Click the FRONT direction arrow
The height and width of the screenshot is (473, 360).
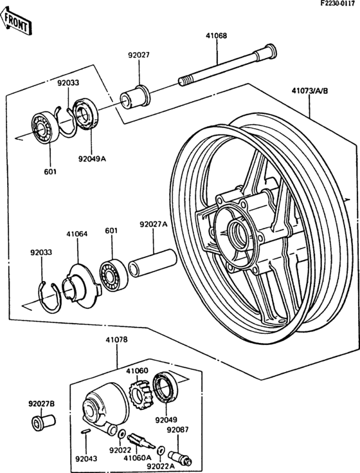pyautogui.click(x=15, y=22)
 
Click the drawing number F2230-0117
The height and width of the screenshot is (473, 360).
pyautogui.click(x=339, y=3)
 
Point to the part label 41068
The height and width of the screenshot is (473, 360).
pyautogui.click(x=216, y=35)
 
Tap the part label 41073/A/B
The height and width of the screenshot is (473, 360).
pyautogui.click(x=309, y=91)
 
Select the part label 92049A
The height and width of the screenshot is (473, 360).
pyautogui.click(x=92, y=159)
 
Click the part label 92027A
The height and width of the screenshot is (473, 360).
pyautogui.click(x=153, y=225)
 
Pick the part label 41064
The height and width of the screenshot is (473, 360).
pyautogui.click(x=76, y=234)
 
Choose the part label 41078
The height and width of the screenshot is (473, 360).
pyautogui.click(x=116, y=340)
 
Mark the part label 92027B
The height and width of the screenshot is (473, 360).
pyautogui.click(x=42, y=403)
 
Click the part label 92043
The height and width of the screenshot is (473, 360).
pyautogui.click(x=86, y=459)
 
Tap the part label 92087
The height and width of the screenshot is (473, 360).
pyautogui.click(x=177, y=429)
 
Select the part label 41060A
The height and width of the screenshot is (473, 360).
pyautogui.click(x=138, y=458)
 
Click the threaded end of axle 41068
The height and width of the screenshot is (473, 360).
pyautogui.click(x=185, y=82)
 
